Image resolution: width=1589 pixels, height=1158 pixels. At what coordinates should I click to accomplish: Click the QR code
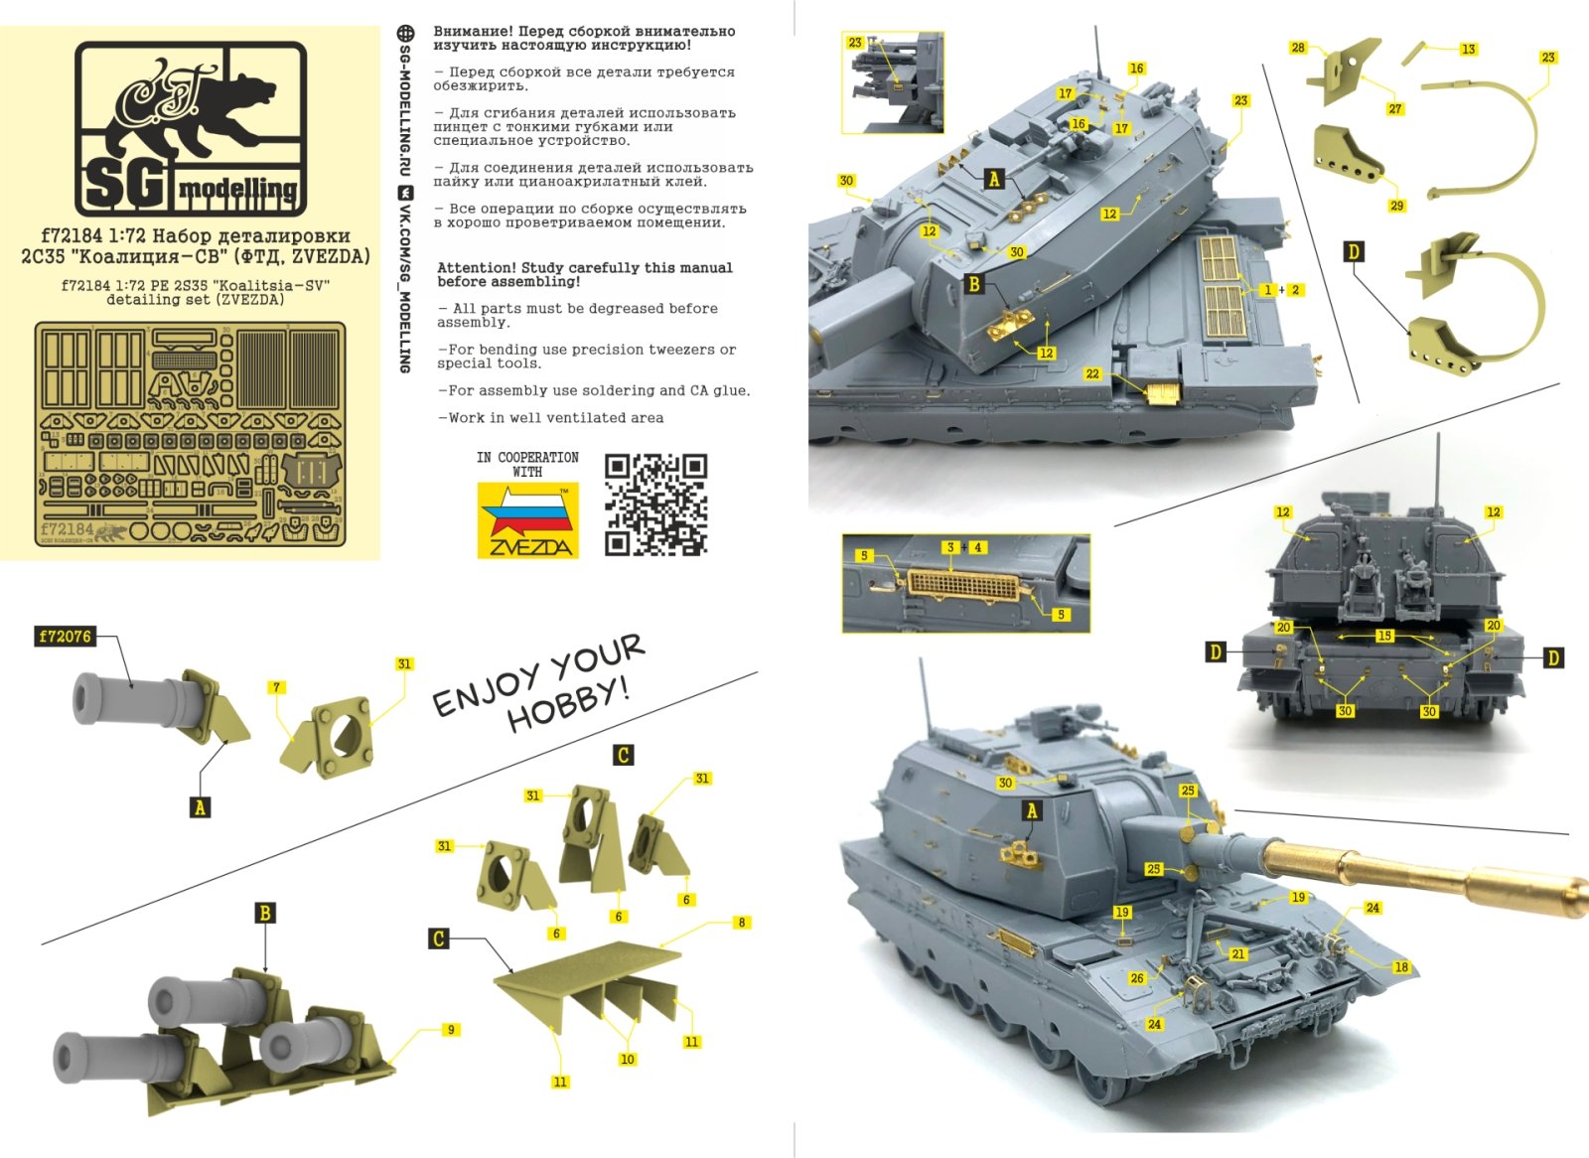[x=655, y=505]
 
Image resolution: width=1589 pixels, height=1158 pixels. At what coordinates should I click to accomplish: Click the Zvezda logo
[x=527, y=521]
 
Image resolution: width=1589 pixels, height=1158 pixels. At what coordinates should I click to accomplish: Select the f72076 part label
[x=65, y=637]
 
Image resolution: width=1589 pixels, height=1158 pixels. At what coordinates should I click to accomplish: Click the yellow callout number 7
[x=277, y=687]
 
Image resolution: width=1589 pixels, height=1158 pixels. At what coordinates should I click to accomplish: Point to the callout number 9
[x=451, y=1030]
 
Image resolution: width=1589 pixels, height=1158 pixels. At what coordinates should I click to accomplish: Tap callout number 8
[x=741, y=923]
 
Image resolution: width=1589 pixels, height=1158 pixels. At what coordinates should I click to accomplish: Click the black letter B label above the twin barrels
[x=265, y=913]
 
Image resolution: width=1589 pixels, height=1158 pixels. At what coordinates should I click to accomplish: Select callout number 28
[x=1298, y=48]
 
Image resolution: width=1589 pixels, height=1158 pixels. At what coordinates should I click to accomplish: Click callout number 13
[x=1468, y=49]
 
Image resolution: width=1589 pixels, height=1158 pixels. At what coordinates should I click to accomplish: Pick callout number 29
[x=1396, y=206]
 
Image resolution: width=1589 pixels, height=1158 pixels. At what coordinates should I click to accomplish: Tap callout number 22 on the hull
[x=1092, y=373]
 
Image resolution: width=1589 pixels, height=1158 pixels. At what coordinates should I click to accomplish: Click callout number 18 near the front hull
[x=1400, y=967]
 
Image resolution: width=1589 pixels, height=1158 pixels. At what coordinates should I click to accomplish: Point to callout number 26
[x=1137, y=978]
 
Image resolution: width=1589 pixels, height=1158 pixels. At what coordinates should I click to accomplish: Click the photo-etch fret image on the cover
[x=190, y=434]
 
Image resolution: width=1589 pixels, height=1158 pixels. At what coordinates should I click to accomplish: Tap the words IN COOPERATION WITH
[x=527, y=464]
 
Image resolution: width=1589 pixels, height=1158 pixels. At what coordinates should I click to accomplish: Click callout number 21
[x=1237, y=953]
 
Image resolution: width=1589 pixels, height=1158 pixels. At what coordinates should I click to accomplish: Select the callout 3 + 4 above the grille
[x=963, y=547]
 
